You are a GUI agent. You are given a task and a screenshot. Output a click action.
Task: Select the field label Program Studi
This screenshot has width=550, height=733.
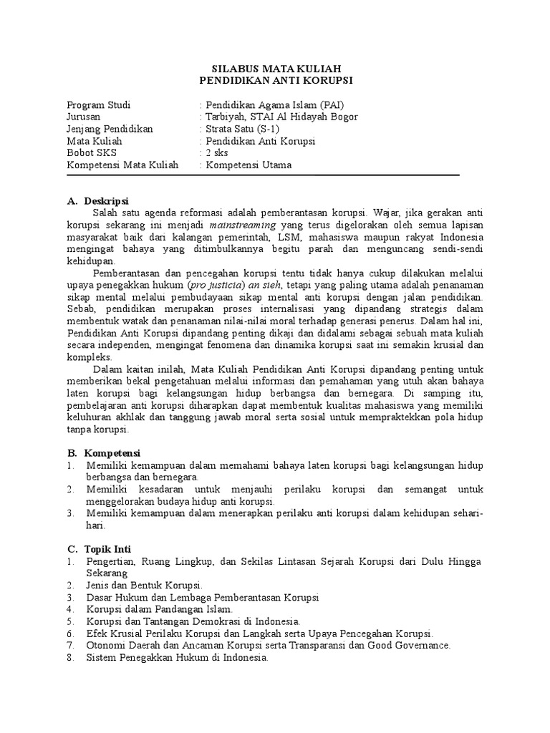98,104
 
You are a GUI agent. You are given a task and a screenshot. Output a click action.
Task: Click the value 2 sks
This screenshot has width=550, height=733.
216,153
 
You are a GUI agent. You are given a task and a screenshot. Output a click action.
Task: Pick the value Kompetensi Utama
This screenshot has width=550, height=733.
248,165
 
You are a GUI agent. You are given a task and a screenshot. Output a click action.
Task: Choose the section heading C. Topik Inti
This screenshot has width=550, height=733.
103,548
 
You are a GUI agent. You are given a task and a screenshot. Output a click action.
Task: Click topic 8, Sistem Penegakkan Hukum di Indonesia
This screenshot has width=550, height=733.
176,658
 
